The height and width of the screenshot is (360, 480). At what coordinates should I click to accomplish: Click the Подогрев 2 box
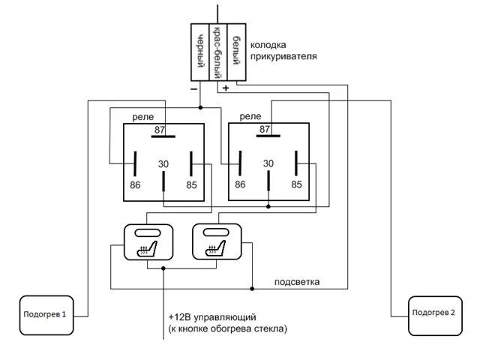(432, 313)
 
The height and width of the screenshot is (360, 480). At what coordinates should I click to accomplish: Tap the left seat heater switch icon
(148, 242)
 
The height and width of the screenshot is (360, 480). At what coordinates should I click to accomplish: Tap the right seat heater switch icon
(216, 242)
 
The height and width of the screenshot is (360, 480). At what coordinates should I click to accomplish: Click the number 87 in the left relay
(160, 130)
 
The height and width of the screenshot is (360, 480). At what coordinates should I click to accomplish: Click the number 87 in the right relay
(264, 130)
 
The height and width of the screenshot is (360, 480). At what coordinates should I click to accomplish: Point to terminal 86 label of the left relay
(135, 184)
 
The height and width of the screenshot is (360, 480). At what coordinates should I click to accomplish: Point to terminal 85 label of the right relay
(296, 184)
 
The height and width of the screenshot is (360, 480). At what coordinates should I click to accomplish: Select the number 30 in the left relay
(163, 163)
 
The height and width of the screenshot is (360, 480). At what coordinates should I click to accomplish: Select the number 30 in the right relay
(268, 163)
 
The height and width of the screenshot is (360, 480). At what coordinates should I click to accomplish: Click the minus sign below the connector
(194, 88)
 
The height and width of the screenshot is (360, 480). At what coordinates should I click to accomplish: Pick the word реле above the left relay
(142, 117)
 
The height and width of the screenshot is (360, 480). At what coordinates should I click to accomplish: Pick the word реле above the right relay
(249, 117)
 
